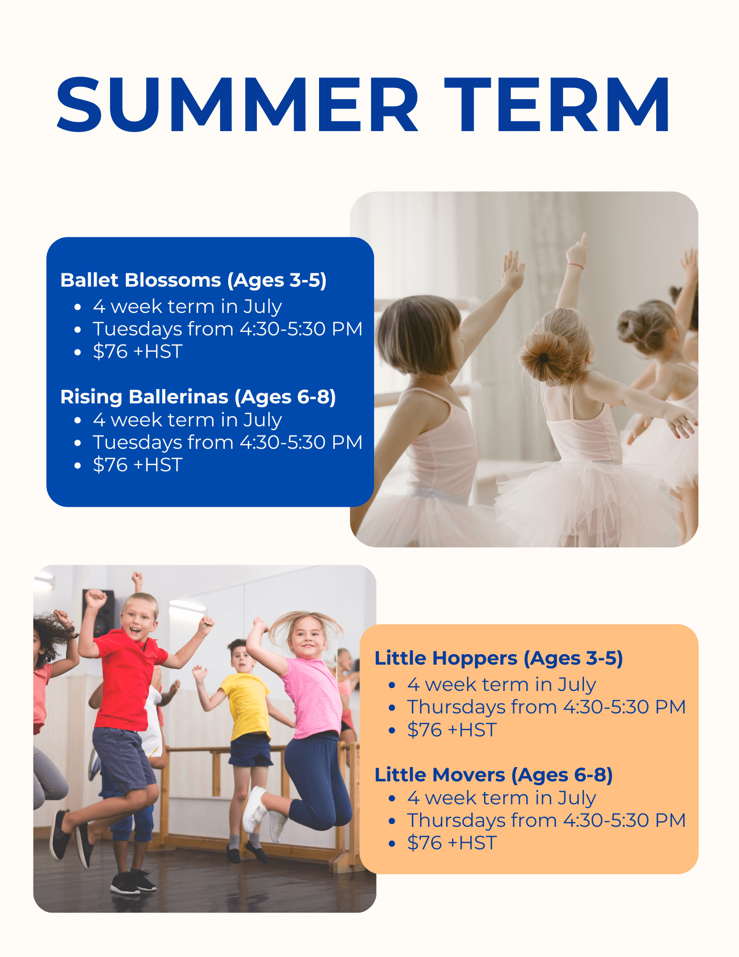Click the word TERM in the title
[557, 104]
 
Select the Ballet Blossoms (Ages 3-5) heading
[193, 280]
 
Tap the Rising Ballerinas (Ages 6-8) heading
[198, 397]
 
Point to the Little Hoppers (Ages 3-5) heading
[498, 658]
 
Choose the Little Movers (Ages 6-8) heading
[494, 775]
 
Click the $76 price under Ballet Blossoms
[110, 352]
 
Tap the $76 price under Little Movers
[425, 843]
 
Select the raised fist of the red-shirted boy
[95, 599]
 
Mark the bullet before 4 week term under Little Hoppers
[392, 685]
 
